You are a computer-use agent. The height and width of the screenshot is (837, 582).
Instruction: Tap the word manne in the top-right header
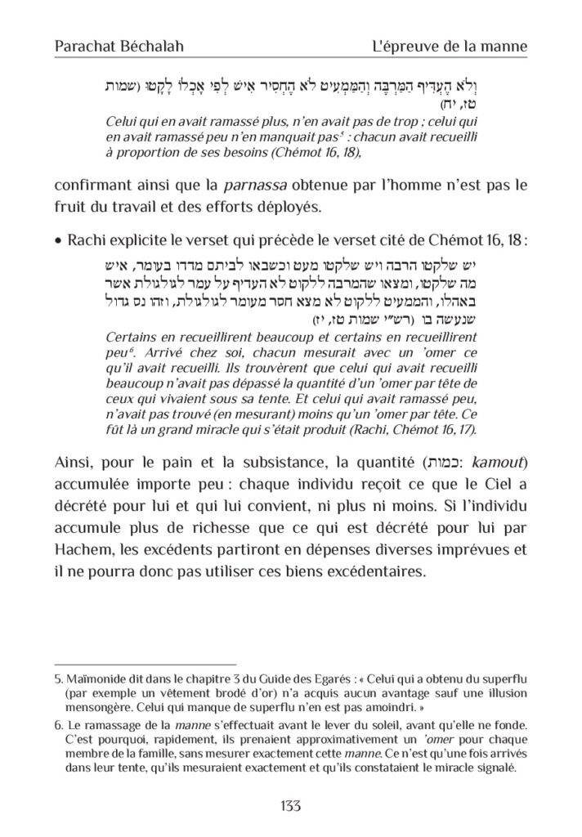pyautogui.click(x=506, y=47)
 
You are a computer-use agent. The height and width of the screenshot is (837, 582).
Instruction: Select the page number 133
pyautogui.click(x=291, y=805)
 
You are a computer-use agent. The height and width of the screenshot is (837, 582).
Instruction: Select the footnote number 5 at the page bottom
pyautogui.click(x=58, y=678)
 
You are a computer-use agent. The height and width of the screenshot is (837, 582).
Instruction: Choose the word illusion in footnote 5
pyautogui.click(x=504, y=691)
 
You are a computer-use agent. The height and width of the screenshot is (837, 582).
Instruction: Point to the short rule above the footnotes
pyautogui.click(x=144, y=665)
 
